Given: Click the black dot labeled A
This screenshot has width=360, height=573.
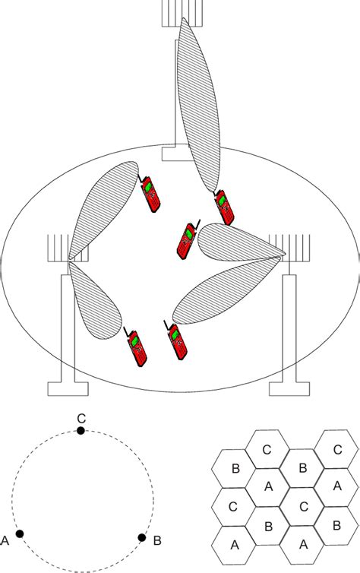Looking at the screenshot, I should click(x=20, y=533).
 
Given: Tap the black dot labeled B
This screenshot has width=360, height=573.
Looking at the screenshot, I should click(x=141, y=537).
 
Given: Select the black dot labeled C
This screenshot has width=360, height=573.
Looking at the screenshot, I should click(x=81, y=431).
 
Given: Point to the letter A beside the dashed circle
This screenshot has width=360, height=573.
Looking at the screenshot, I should click(x=6, y=541).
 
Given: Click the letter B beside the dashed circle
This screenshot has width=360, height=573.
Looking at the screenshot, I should click(x=156, y=541).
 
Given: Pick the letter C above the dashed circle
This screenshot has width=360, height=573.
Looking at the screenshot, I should click(x=81, y=417).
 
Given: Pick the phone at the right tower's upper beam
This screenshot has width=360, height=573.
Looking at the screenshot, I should click(x=186, y=239).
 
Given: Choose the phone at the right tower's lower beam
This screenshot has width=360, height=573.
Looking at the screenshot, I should click(x=176, y=340).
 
